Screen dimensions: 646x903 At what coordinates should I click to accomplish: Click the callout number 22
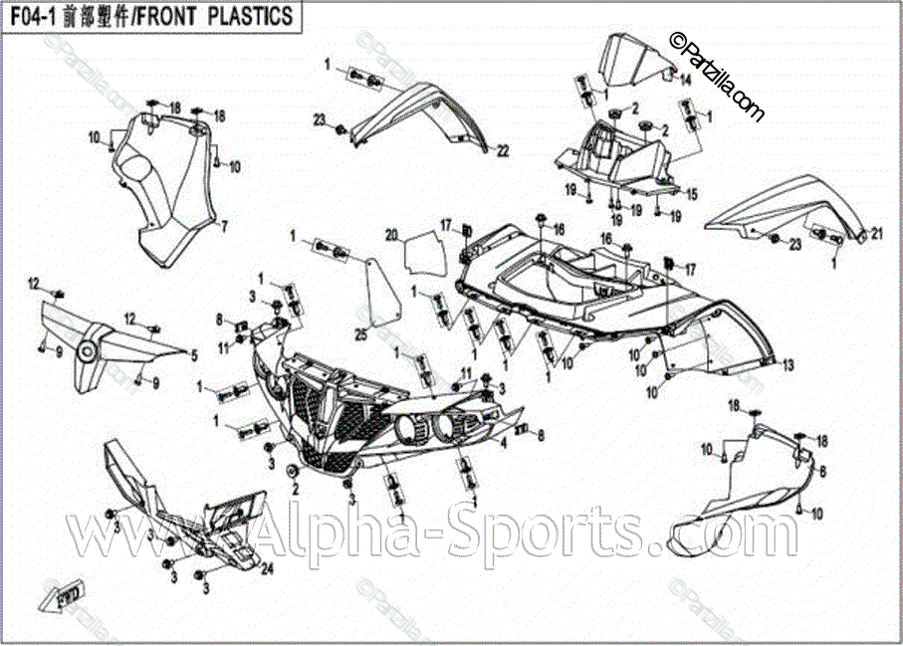click(503, 150)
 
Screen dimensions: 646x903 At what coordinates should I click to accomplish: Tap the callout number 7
click(224, 227)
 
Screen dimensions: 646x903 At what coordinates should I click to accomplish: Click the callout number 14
click(685, 79)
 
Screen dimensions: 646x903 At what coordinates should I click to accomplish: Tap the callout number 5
click(194, 353)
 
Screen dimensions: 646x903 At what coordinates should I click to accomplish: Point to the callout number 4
click(504, 445)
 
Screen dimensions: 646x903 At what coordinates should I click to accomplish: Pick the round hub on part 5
click(87, 350)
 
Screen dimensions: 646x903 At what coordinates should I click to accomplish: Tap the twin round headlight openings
click(422, 431)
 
